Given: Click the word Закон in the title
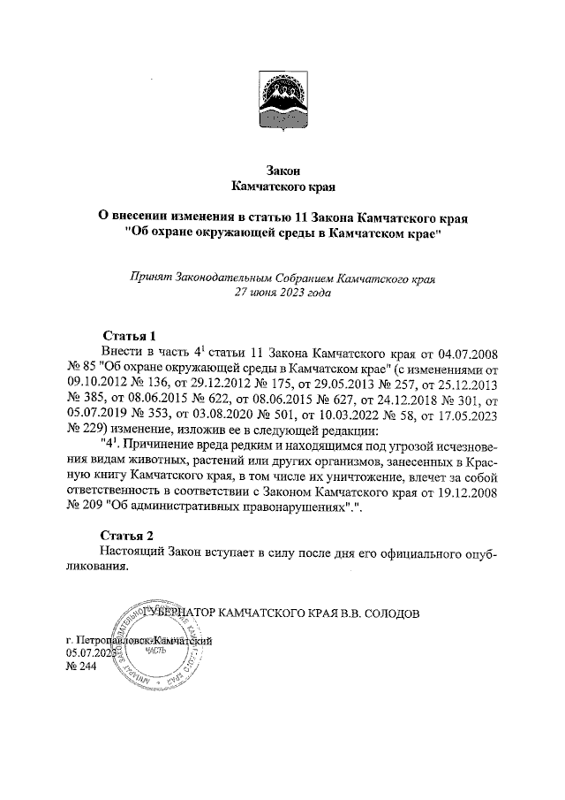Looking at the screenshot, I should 282,171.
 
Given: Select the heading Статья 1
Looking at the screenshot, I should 129,336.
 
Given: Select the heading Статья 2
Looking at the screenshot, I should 129,536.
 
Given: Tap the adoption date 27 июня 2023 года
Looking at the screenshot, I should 282,293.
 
